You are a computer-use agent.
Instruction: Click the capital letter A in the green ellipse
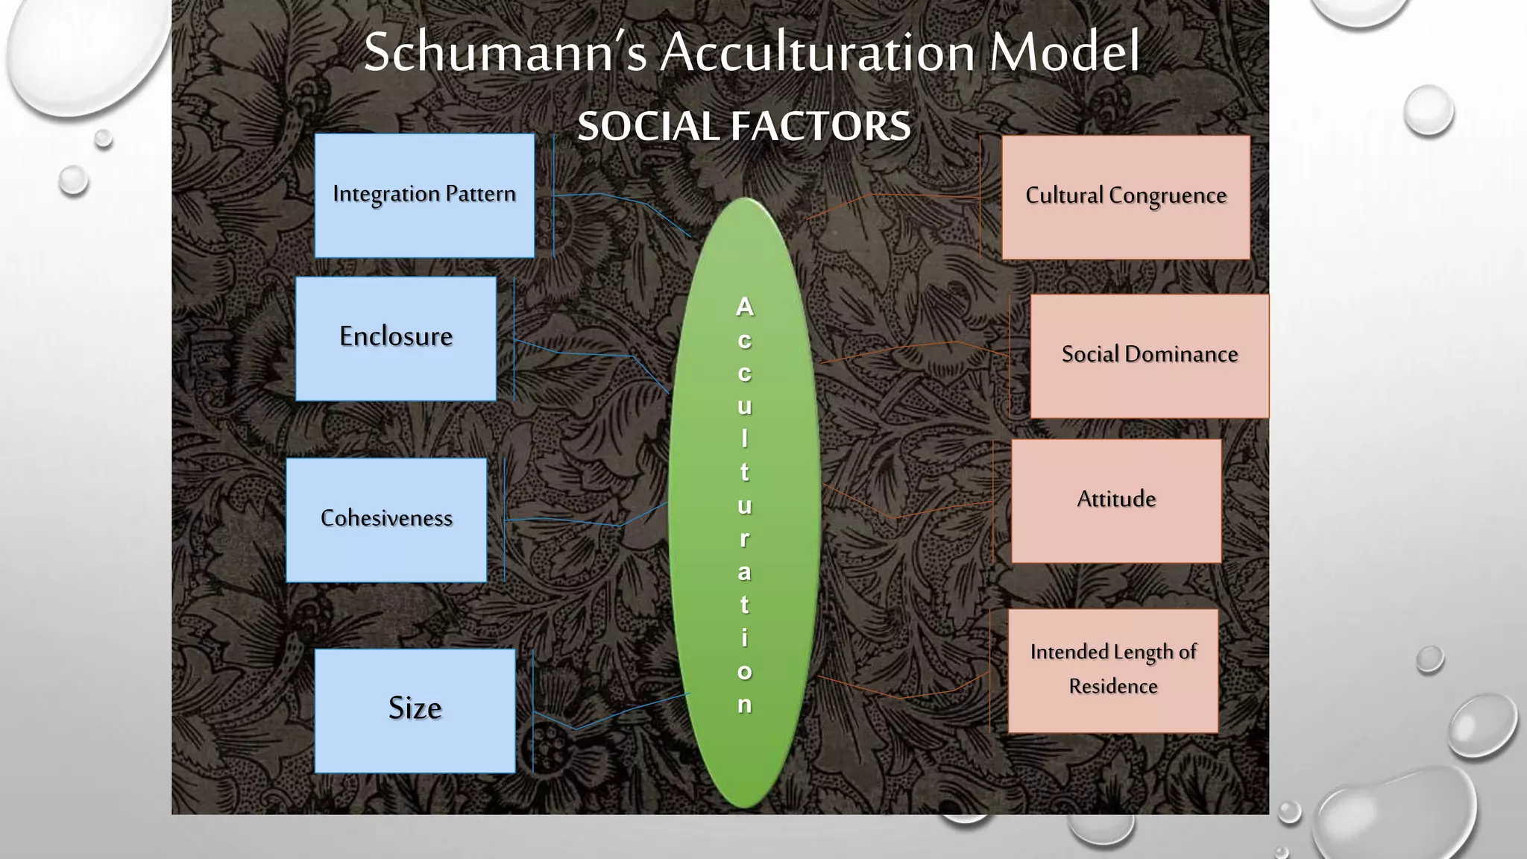click(744, 306)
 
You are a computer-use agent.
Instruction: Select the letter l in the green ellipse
click(744, 438)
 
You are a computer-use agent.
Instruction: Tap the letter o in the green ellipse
click(744, 671)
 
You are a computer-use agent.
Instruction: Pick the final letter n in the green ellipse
click(744, 705)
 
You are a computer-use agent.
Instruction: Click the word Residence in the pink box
click(1112, 686)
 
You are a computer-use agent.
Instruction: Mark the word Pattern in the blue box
click(480, 194)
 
